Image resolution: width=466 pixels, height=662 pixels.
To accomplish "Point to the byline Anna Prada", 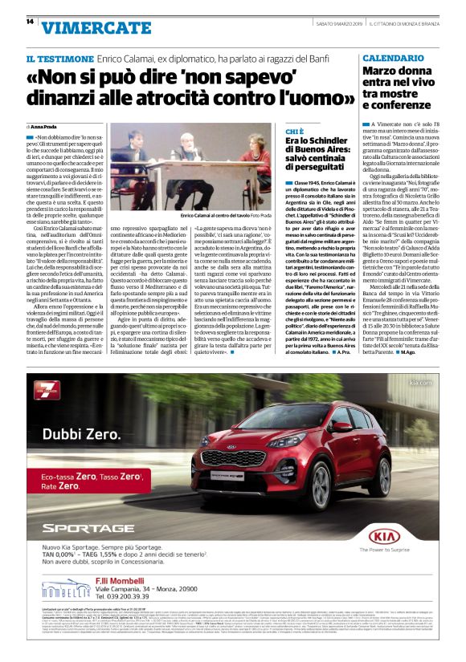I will click(51, 127).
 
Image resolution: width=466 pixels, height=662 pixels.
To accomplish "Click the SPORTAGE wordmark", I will click(88, 527).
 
